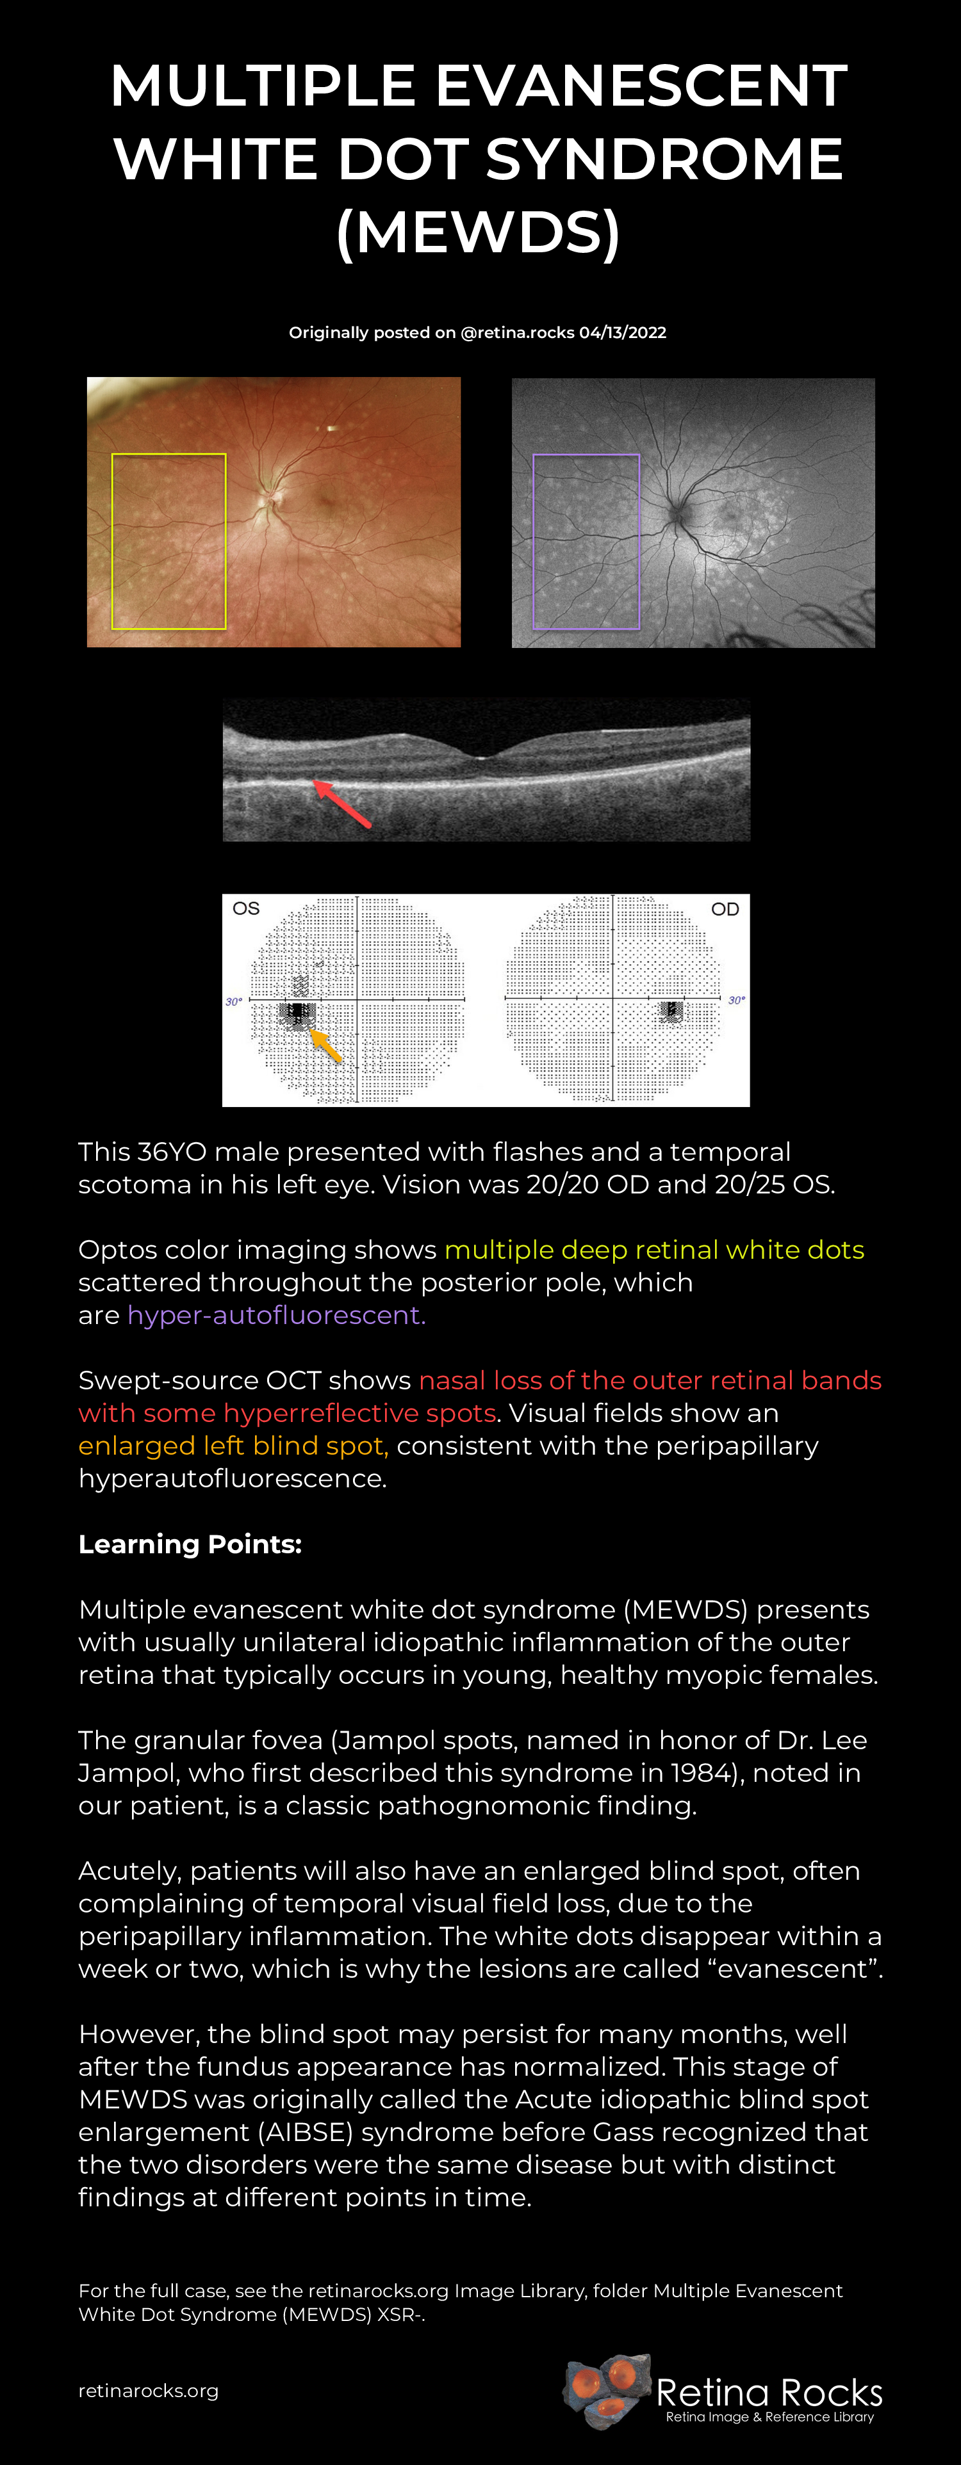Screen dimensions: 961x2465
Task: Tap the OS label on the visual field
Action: pyautogui.click(x=246, y=908)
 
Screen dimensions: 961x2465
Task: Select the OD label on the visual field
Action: pyautogui.click(x=725, y=909)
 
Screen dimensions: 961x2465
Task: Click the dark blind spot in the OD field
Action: pyautogui.click(x=672, y=1010)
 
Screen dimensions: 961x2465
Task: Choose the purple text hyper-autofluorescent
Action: pyautogui.click(x=277, y=1315)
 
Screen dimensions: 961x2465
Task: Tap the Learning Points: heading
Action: pyautogui.click(x=190, y=1544)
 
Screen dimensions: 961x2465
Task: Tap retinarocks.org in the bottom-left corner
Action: pyautogui.click(x=149, y=2390)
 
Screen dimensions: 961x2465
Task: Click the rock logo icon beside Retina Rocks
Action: pyautogui.click(x=607, y=2390)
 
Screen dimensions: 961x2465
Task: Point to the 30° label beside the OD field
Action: pyautogui.click(x=736, y=1000)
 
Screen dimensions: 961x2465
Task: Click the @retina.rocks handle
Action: pyautogui.click(x=518, y=332)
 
